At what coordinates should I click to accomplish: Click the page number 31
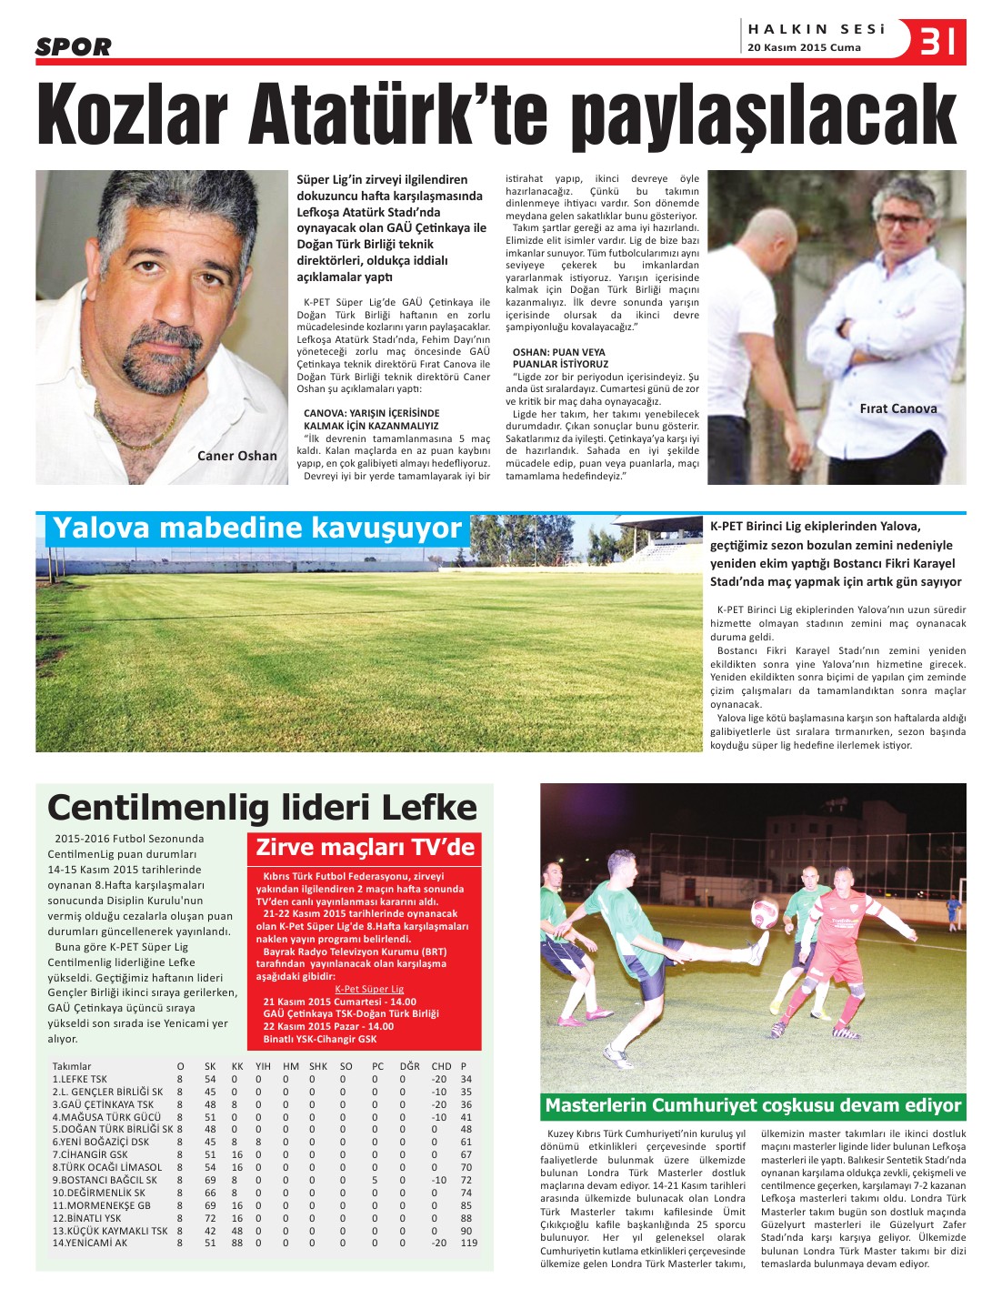click(938, 40)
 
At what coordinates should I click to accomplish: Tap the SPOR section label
click(74, 47)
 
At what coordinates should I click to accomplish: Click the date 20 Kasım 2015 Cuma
click(804, 48)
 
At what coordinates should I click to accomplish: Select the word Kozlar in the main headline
click(132, 116)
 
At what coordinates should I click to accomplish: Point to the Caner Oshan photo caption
click(237, 456)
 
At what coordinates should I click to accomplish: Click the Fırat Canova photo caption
click(897, 408)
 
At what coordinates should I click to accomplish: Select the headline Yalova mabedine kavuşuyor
click(257, 529)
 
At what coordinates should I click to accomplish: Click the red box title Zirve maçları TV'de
click(365, 848)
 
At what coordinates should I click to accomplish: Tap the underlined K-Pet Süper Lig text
click(369, 989)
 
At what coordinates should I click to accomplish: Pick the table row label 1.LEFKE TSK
click(80, 1079)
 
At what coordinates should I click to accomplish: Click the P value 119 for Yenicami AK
click(468, 1243)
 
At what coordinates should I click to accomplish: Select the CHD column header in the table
click(441, 1066)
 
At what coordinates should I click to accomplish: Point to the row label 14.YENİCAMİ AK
click(90, 1243)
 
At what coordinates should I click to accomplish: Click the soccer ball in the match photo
click(765, 912)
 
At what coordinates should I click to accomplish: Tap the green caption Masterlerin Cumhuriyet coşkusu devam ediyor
click(753, 1106)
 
